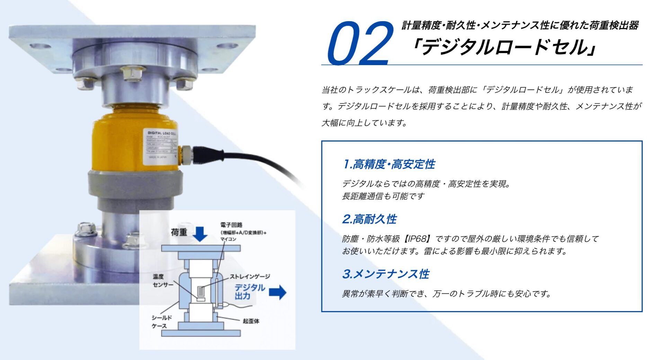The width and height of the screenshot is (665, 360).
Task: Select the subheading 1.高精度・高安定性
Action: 389,164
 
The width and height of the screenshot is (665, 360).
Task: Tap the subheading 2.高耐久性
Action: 369,219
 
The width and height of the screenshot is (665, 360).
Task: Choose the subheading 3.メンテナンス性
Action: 385,274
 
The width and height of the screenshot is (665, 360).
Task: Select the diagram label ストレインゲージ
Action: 250,276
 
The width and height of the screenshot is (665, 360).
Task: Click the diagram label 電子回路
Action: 231,225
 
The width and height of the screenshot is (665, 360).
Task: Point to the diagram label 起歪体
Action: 251,321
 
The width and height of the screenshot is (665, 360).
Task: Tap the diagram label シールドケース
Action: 161,322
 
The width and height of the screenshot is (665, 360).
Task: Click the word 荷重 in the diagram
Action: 179,232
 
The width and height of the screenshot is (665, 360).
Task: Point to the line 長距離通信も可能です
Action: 383,196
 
